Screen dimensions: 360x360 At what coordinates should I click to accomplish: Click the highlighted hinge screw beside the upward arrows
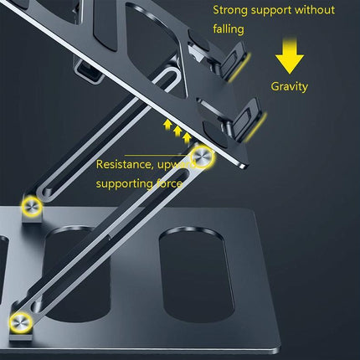point(202,157)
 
